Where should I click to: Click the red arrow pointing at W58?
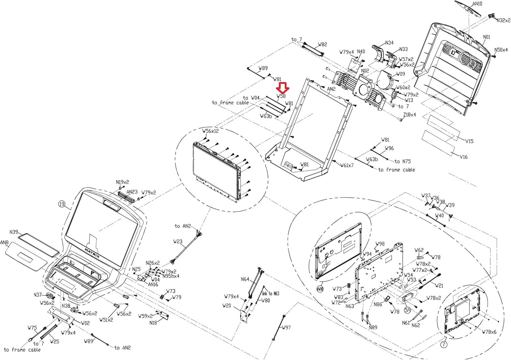283,88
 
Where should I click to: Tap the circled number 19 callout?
62,204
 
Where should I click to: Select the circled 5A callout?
407,310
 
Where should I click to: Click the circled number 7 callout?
444,344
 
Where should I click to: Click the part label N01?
486,37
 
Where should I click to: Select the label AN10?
477,4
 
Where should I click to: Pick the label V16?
463,157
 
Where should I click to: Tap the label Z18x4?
409,115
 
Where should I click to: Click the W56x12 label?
211,131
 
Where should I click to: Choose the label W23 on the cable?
178,241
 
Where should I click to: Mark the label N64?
245,280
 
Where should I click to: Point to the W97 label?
286,328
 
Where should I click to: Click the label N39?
14,232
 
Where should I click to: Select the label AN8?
4,243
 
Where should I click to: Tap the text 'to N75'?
403,161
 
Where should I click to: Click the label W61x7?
347,165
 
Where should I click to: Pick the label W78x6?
489,332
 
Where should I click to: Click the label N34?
389,43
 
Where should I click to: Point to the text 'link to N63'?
270,293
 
